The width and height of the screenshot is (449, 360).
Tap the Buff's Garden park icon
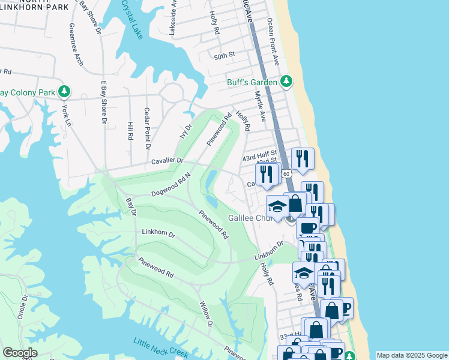point(287,81)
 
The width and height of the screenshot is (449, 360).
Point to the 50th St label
point(224,56)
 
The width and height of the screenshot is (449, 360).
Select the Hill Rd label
point(130,130)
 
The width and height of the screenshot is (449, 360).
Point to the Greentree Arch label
point(76,44)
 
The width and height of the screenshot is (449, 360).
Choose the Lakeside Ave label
point(173,16)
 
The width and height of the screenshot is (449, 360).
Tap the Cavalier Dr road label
point(167,161)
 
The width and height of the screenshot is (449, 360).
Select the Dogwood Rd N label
point(171,186)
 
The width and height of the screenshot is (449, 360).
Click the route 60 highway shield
point(287,173)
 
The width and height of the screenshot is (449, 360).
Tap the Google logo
point(20,352)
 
